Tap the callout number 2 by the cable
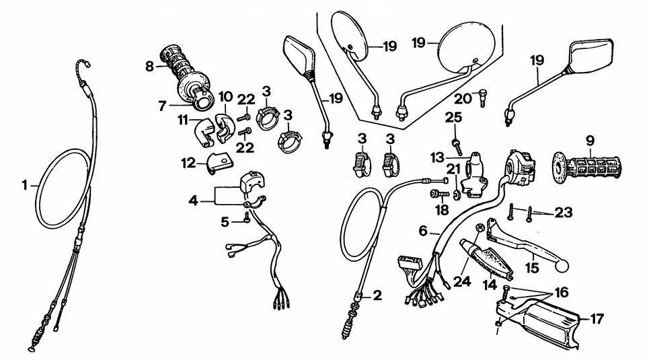(378, 295)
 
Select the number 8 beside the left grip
(149, 66)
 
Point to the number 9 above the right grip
(590, 142)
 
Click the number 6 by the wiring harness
(423, 231)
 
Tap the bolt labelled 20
(482, 98)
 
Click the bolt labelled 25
(457, 143)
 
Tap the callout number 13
(436, 157)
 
